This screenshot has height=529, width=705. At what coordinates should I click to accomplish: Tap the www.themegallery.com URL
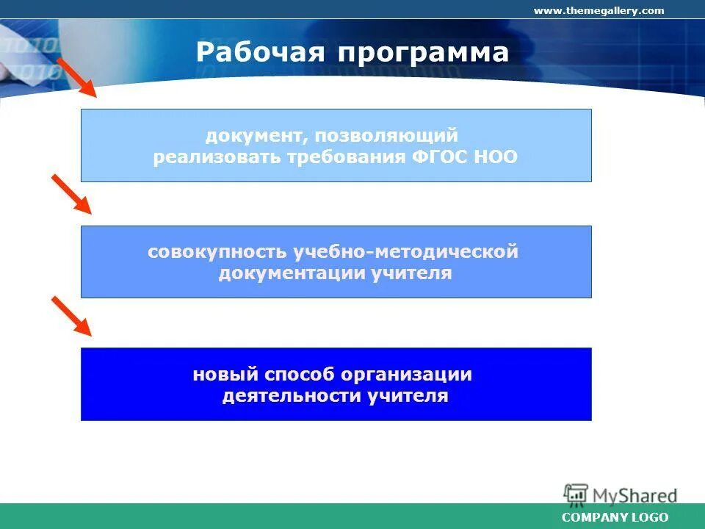click(599, 10)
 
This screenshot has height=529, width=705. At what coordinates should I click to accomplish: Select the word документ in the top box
click(254, 135)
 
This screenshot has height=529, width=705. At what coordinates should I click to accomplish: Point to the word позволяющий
click(386, 135)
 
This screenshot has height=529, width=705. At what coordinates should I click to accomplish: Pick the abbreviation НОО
click(496, 156)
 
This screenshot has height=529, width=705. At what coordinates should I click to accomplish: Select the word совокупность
click(217, 251)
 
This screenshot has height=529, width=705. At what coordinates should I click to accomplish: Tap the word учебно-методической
click(405, 251)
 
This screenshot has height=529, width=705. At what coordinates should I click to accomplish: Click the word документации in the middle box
click(292, 273)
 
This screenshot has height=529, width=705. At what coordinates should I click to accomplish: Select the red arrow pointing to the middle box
click(71, 194)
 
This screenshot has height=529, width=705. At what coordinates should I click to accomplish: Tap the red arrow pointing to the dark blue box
click(71, 316)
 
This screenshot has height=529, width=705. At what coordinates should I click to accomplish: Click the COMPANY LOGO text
click(615, 517)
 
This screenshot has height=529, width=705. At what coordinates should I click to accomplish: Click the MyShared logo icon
click(576, 494)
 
